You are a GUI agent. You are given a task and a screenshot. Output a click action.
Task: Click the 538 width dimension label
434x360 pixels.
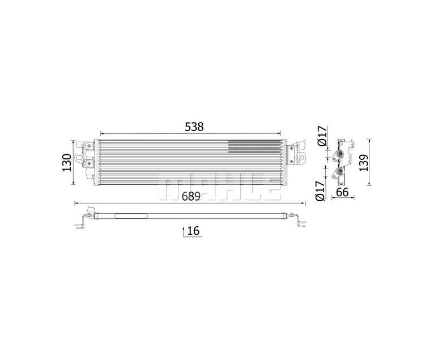[194, 127]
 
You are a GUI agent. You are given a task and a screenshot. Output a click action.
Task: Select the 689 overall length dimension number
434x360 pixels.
[191, 196]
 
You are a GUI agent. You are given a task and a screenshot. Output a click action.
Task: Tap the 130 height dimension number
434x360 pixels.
[67, 163]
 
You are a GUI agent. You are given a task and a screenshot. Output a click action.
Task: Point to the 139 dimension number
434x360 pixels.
[364, 163]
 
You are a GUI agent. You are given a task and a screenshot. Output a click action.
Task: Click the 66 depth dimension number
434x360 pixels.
[342, 192]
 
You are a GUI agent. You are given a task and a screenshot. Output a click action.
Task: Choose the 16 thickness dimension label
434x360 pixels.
[193, 231]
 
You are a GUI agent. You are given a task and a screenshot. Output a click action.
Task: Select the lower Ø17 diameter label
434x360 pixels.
[320, 190]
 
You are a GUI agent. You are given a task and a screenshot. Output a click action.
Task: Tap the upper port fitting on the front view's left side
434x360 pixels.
[89, 146]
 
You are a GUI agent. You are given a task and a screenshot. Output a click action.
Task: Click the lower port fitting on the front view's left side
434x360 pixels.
[89, 164]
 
